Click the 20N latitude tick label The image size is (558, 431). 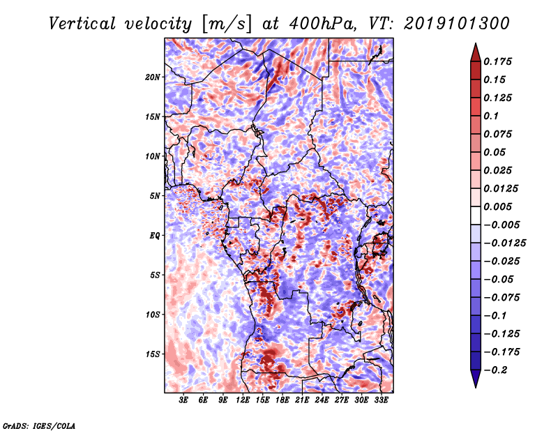[153, 77]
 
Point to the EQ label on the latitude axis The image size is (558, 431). [155, 236]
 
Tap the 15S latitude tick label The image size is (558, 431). [153, 354]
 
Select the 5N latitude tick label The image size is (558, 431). [155, 196]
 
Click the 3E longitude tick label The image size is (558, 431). [183, 400]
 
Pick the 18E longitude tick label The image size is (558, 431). [282, 400]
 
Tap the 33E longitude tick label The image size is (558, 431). [381, 400]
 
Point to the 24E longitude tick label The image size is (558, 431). [322, 400]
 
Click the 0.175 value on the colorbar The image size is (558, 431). [497, 61]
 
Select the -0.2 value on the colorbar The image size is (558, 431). [495, 370]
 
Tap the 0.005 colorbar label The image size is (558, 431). [497, 206]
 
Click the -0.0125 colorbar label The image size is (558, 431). [504, 243]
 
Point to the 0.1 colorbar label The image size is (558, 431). [491, 116]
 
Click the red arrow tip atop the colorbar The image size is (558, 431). [476, 43]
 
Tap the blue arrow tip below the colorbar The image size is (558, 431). [476, 387]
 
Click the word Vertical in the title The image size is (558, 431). [82, 24]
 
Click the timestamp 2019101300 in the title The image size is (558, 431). [457, 24]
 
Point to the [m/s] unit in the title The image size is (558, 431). [227, 24]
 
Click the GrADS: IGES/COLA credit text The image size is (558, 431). [39, 425]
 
